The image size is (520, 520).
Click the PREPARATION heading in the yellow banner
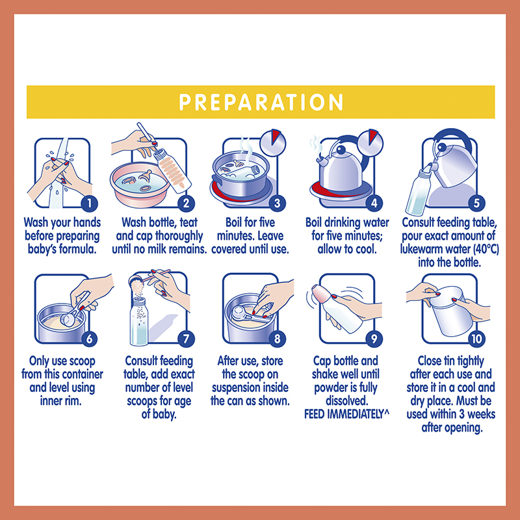coord(261,102)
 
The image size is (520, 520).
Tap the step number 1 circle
coord(90,203)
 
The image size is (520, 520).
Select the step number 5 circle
coord(476,203)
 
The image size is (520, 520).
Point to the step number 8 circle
coord(278,339)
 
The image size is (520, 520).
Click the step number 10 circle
coord(476,339)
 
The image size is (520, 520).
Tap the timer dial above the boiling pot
coord(272,142)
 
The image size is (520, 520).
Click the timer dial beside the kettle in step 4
coord(370,142)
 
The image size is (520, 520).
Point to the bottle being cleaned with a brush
coord(172,170)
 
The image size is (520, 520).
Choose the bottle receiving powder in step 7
coord(139,321)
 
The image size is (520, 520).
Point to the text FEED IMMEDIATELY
coord(344,414)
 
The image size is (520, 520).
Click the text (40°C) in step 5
coord(486,249)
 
